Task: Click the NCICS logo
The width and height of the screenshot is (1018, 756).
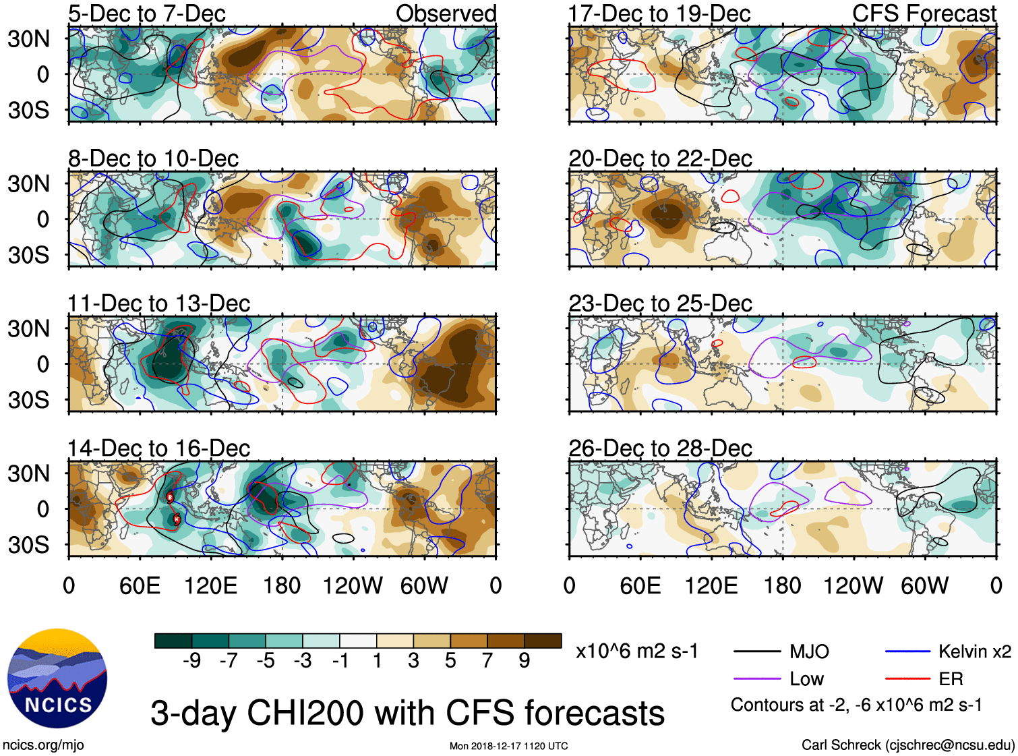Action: (x=57, y=678)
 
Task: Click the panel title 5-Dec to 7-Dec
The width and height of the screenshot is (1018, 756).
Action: (x=146, y=13)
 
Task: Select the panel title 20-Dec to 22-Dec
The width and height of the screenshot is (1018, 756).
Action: (x=660, y=158)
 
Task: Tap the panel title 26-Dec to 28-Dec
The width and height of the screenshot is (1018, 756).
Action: (x=660, y=448)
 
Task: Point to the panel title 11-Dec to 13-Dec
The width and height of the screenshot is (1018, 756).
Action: (x=159, y=303)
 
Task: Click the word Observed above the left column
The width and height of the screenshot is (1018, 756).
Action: (x=446, y=13)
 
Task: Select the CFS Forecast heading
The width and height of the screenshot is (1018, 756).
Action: (x=924, y=13)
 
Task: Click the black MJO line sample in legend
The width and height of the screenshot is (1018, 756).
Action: (x=756, y=651)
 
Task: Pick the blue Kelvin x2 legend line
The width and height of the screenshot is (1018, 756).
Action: (x=907, y=651)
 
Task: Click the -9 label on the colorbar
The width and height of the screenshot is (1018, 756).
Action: (x=191, y=661)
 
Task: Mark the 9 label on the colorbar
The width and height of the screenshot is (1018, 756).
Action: (x=524, y=661)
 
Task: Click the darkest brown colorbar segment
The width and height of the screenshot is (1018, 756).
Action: (x=543, y=641)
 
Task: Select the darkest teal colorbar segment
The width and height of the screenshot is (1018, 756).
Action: (x=173, y=641)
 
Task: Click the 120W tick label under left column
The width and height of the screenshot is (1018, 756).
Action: (x=353, y=585)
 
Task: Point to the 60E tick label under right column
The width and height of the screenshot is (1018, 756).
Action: (x=640, y=585)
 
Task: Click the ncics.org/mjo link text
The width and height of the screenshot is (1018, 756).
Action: (x=43, y=745)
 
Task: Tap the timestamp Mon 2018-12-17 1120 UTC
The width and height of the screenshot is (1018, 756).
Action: (x=509, y=746)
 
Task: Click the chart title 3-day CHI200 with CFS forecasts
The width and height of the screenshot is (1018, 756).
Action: (x=407, y=713)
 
